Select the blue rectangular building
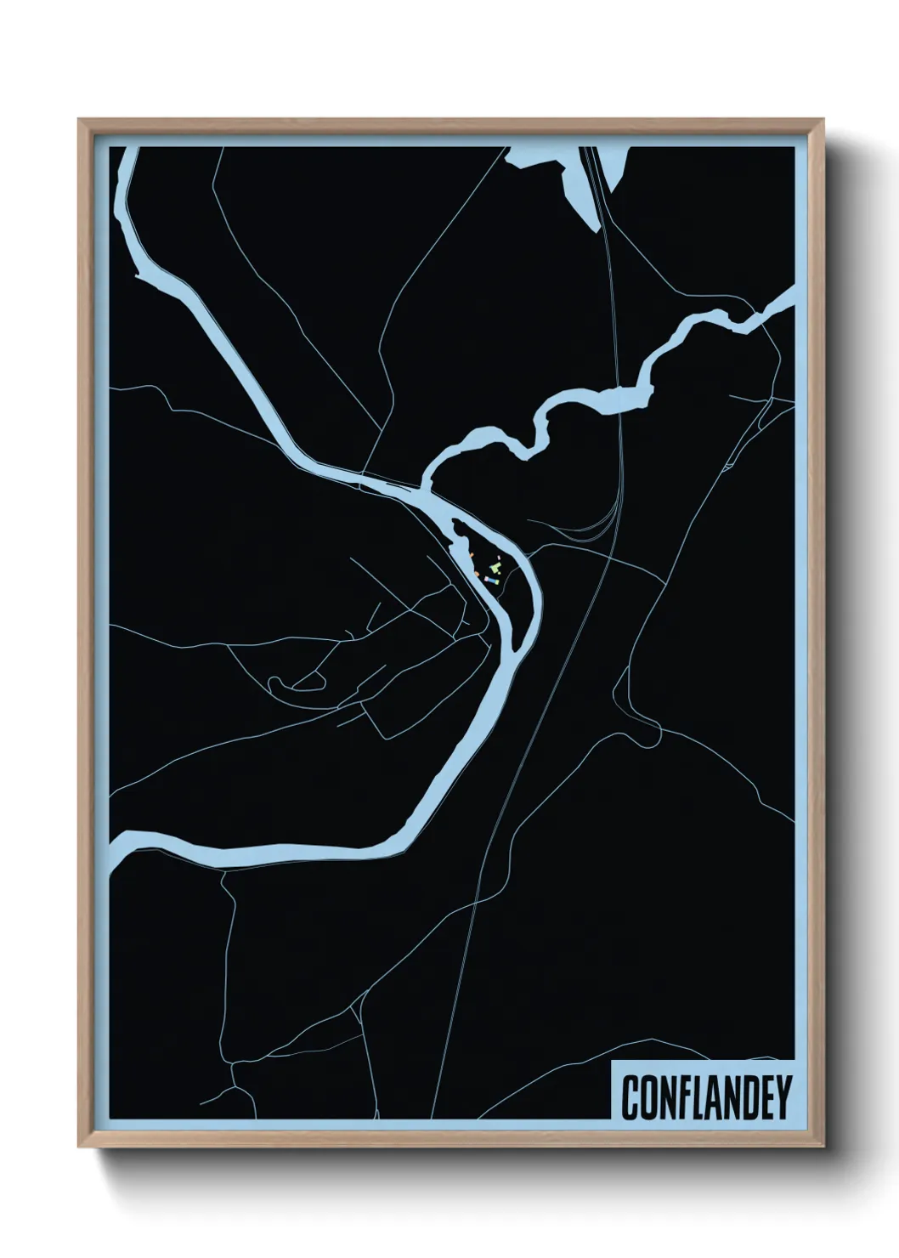pyautogui.click(x=492, y=580)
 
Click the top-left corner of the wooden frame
pyautogui.click(x=79, y=120)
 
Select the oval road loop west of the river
pyautogui.click(x=297, y=682)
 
